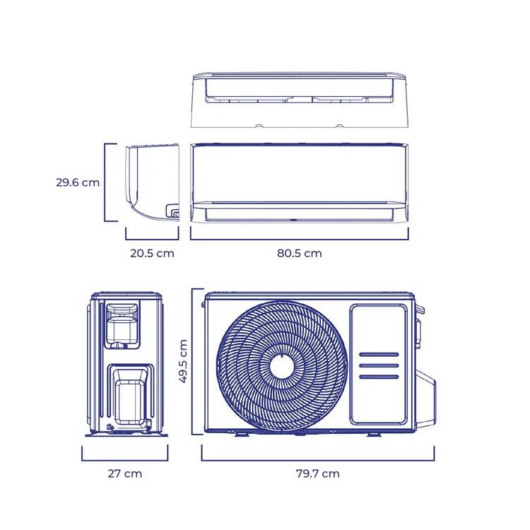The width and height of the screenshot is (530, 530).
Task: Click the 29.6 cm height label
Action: coord(78,183)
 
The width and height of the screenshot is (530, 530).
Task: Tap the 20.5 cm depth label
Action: coord(152,254)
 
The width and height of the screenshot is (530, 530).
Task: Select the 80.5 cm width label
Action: coord(300,254)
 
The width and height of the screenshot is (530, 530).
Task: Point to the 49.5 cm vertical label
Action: coord(183,361)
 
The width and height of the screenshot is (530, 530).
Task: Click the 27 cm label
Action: coord(124,473)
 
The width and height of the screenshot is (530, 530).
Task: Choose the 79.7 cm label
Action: coord(318,473)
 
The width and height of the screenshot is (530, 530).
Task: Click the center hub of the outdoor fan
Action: coord(282,367)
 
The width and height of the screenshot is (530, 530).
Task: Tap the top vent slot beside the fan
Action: coord(379,355)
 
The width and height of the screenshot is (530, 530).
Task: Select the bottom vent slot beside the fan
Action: coord(379,377)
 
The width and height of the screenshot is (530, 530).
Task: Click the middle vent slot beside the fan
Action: coord(379,366)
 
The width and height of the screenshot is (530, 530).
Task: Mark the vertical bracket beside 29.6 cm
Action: coord(110,182)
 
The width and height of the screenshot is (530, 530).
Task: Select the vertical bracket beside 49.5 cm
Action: coord(198,362)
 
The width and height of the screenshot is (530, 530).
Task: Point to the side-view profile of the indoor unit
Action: coord(153,182)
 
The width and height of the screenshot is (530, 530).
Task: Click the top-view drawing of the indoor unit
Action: coord(300,100)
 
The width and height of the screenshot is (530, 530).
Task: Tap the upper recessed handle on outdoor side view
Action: coord(122,324)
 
